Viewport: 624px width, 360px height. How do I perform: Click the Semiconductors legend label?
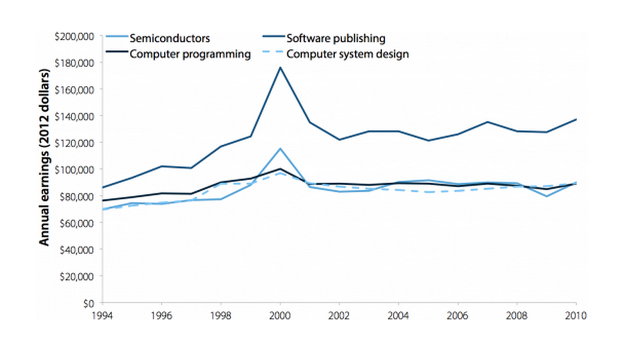click(170, 38)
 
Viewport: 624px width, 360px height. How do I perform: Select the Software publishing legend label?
click(336, 38)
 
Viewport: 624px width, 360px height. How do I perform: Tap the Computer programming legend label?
click(190, 54)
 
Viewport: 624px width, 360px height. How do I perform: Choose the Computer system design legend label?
click(347, 54)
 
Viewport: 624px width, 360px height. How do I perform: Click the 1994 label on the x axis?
click(103, 315)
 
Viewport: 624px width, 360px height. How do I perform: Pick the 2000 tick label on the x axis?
click(280, 315)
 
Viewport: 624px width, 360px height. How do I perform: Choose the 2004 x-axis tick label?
click(398, 315)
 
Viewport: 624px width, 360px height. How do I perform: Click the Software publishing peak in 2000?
click(280, 67)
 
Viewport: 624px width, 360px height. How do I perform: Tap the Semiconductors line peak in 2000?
click(280, 148)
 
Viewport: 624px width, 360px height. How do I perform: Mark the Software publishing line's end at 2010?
click(576, 119)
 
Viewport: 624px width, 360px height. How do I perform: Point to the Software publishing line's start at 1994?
click(103, 187)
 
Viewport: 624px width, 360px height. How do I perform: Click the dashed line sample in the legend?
click(272, 54)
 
